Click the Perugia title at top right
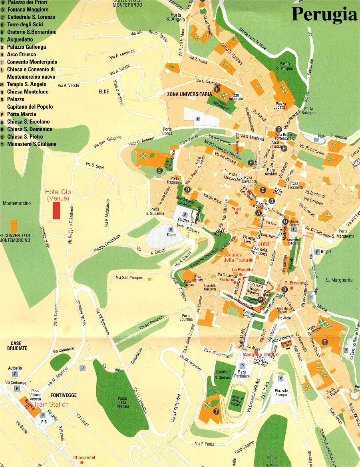pos(324,14)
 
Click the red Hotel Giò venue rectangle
pos(56,211)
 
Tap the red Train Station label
pos(51,404)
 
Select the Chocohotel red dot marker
pos(82,462)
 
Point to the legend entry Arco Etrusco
pos(22,54)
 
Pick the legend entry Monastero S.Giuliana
pos(32,144)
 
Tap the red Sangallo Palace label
pos(261,354)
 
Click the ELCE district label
pos(104,91)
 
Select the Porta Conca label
pos(167,131)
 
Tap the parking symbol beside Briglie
pos(317,252)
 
